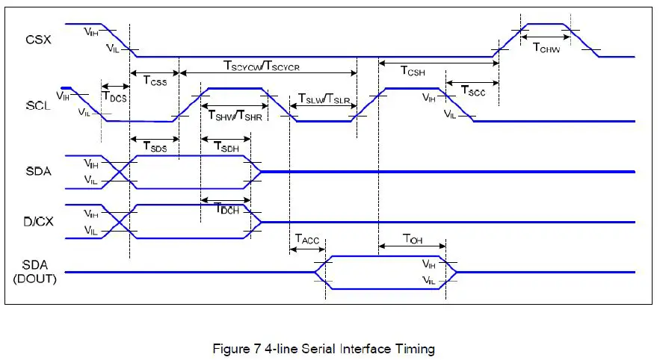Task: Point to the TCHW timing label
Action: point(546,47)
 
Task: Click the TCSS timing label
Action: point(155,81)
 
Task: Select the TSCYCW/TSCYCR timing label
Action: point(262,66)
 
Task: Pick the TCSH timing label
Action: point(413,72)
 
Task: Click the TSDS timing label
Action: point(155,147)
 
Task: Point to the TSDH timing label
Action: point(226,147)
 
